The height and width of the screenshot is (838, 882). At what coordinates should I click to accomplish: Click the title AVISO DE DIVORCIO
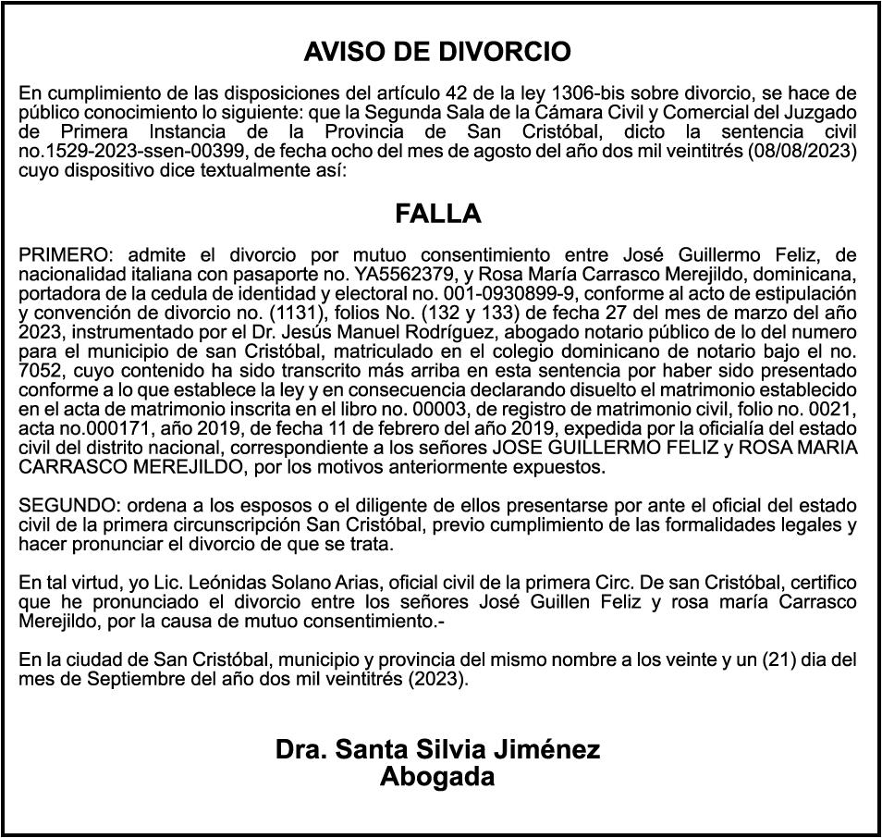[x=437, y=52]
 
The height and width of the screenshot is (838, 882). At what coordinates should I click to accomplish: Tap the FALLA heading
[x=438, y=215]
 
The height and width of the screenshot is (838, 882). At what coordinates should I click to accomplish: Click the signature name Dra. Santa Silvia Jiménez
[x=437, y=750]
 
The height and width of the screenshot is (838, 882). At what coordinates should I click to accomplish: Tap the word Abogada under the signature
[x=437, y=777]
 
